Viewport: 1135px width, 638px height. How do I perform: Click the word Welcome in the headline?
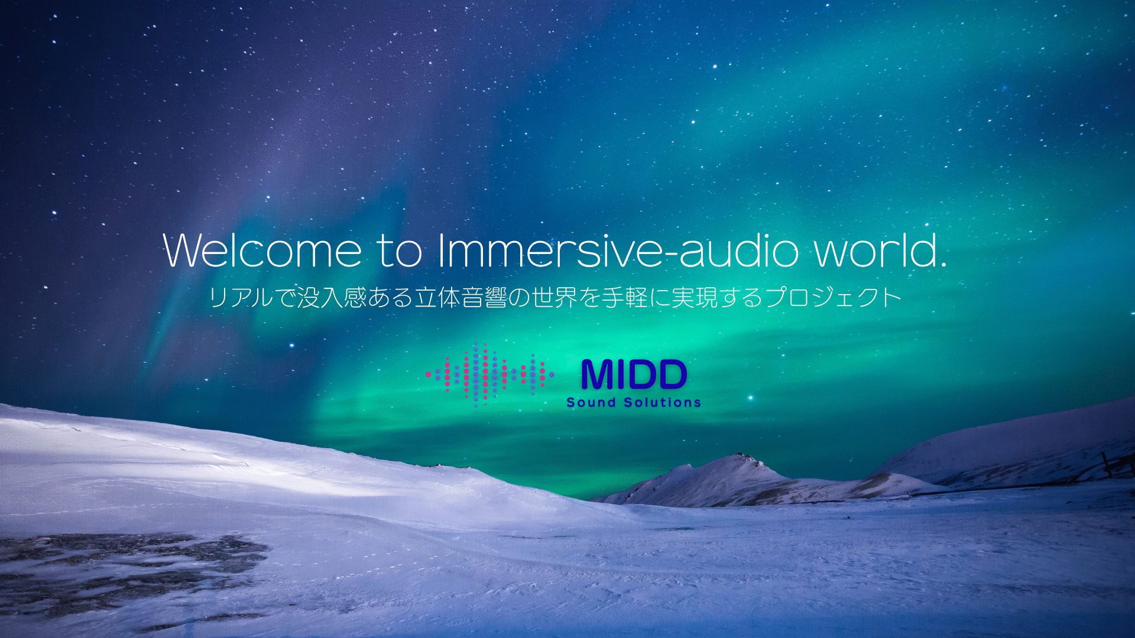coord(262,250)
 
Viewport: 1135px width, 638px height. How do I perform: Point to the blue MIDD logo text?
coord(634,375)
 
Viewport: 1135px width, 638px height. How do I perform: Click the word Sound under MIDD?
coord(591,402)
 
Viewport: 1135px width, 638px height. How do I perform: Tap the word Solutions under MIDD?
coord(663,402)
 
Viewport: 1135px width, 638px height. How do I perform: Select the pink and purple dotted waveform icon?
coord(489,375)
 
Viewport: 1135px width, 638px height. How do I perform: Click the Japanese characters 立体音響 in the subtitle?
coord(461,297)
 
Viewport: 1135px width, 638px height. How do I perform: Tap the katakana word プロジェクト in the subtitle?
coord(834,297)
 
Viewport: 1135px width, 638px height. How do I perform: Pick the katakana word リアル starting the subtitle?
coord(241,297)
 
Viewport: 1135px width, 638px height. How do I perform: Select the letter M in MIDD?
coord(598,375)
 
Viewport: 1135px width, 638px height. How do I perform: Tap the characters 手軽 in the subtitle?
coord(625,297)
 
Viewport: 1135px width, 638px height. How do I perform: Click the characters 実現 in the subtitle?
coord(695,297)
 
